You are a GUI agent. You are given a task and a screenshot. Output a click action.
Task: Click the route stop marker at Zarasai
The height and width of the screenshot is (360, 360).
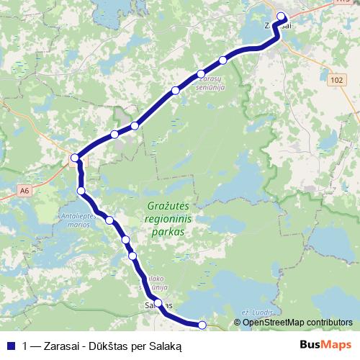tap(281, 17)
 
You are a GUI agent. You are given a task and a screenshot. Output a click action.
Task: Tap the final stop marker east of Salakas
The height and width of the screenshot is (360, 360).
tap(202, 325)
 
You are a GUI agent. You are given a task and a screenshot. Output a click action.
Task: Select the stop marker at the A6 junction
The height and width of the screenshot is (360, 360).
tap(75, 158)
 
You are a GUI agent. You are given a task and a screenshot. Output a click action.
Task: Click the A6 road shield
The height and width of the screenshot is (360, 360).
tap(25, 191)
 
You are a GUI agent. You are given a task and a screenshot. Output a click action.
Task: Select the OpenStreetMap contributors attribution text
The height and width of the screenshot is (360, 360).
tap(297, 322)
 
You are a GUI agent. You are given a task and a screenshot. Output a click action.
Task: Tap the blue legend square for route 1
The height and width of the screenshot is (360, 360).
tap(10, 346)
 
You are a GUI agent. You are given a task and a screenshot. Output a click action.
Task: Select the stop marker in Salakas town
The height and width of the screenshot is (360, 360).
tap(158, 303)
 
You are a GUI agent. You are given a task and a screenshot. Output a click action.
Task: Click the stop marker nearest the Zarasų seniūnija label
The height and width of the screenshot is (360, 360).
tap(201, 74)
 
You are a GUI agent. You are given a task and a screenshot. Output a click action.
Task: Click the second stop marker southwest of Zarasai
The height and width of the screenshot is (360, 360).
tap(201, 74)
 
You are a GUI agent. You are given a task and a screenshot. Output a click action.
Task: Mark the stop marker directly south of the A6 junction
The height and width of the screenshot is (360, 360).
tap(81, 191)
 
